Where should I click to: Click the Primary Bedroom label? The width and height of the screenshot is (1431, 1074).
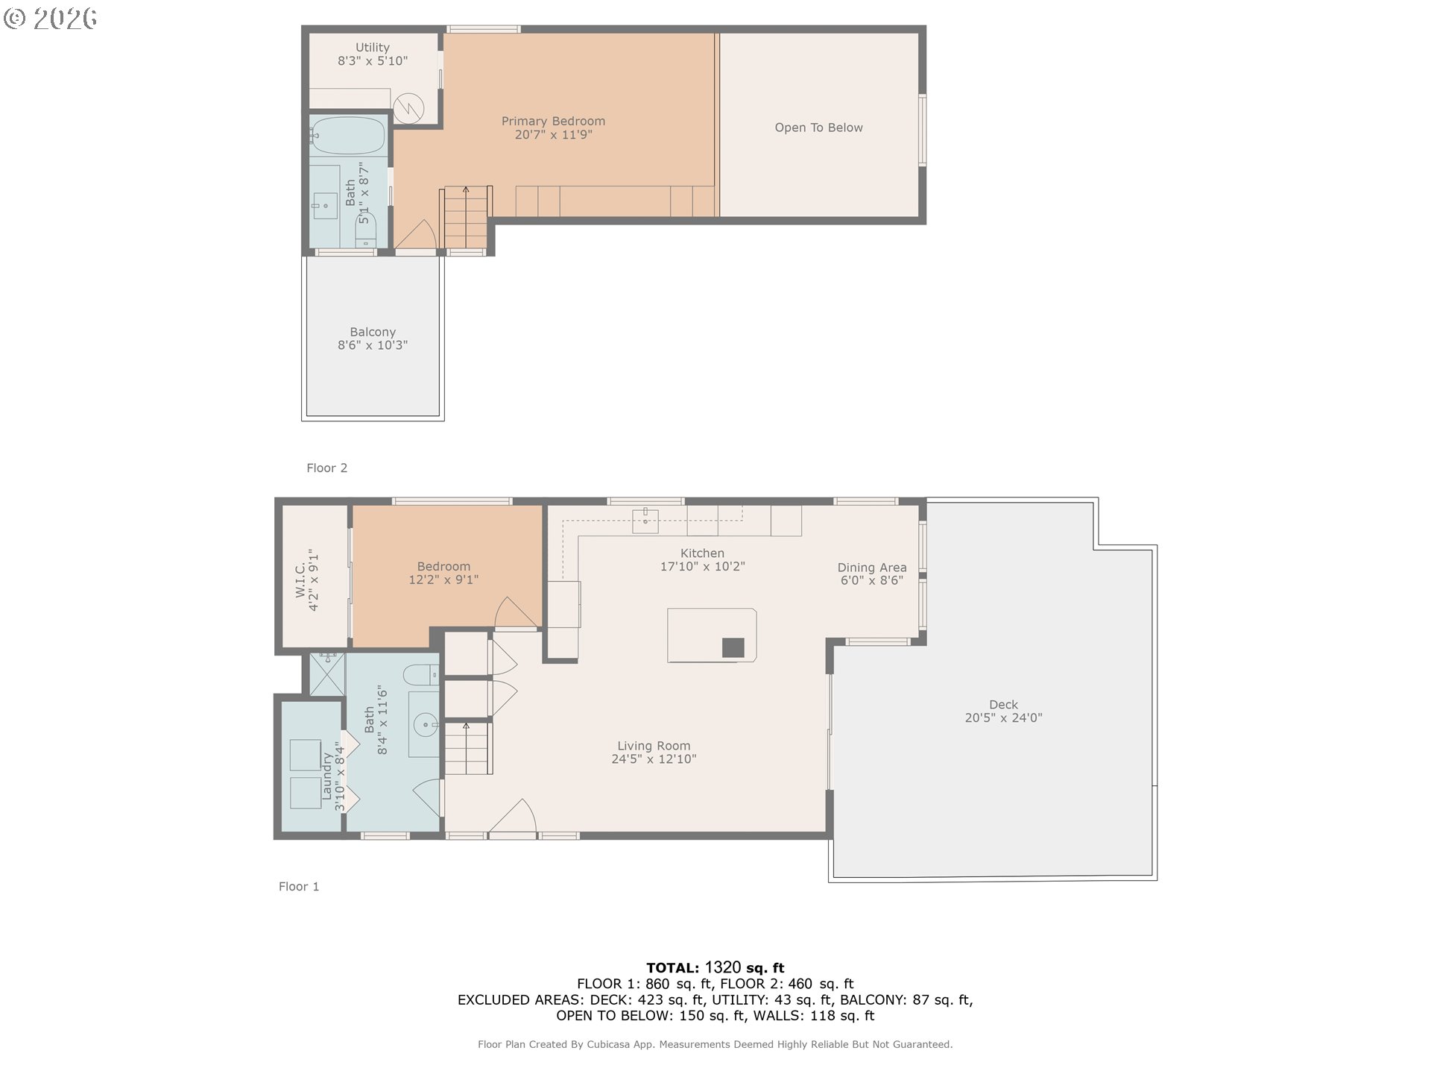click(553, 121)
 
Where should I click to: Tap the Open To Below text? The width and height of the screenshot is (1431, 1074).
click(818, 128)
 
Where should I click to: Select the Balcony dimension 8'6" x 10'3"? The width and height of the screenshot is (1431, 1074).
click(373, 345)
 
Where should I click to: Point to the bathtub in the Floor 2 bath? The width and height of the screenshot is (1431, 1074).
click(347, 135)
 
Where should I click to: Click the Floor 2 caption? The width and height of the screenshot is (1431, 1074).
click(326, 468)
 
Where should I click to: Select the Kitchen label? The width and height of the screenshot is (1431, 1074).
click(702, 553)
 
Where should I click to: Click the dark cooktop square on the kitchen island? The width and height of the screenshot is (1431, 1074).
click(733, 647)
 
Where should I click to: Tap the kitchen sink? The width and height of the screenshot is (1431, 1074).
click(645, 521)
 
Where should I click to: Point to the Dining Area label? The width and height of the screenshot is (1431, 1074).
click(872, 567)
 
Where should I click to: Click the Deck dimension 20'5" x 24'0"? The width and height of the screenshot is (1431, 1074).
click(1003, 718)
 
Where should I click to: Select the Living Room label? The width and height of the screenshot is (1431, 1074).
click(654, 746)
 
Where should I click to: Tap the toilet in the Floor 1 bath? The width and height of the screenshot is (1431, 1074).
click(421, 675)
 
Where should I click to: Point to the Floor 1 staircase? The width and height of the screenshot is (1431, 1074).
click(467, 747)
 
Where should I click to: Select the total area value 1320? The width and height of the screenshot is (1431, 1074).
click(723, 968)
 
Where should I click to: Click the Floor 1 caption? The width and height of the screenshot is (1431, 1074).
click(299, 886)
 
